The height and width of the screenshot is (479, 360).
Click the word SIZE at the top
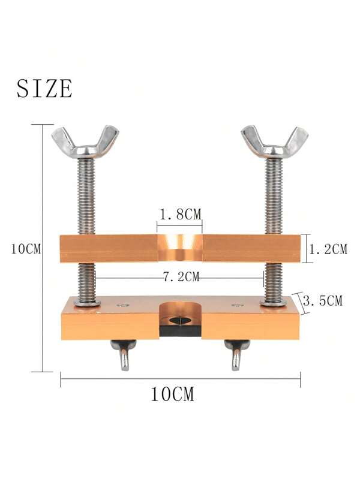[44, 89]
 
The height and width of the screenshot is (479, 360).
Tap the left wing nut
[85, 141]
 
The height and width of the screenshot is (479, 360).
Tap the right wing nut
[274, 141]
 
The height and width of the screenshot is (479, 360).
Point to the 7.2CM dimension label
[179, 278]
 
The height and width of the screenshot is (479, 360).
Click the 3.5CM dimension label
[323, 301]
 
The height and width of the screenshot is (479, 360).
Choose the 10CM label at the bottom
[172, 394]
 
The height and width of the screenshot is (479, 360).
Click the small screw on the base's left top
[123, 305]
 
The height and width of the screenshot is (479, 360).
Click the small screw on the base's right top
[236, 305]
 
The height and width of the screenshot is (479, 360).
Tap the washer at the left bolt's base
[86, 303]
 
